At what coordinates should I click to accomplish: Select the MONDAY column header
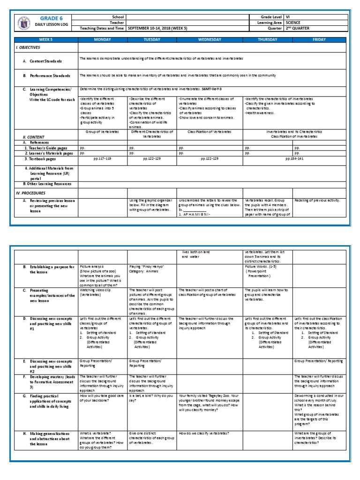click(102, 40)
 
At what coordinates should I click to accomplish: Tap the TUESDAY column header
click(152, 40)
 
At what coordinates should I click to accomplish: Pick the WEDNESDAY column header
click(210, 40)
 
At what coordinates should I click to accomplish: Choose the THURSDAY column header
click(268, 40)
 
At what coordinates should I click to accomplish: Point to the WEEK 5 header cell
click(45, 40)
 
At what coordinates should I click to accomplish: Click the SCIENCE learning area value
click(295, 22)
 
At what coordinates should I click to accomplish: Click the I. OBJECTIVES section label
click(28, 48)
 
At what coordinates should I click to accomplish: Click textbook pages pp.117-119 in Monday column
click(102, 159)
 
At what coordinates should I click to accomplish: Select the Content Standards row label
click(45, 61)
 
